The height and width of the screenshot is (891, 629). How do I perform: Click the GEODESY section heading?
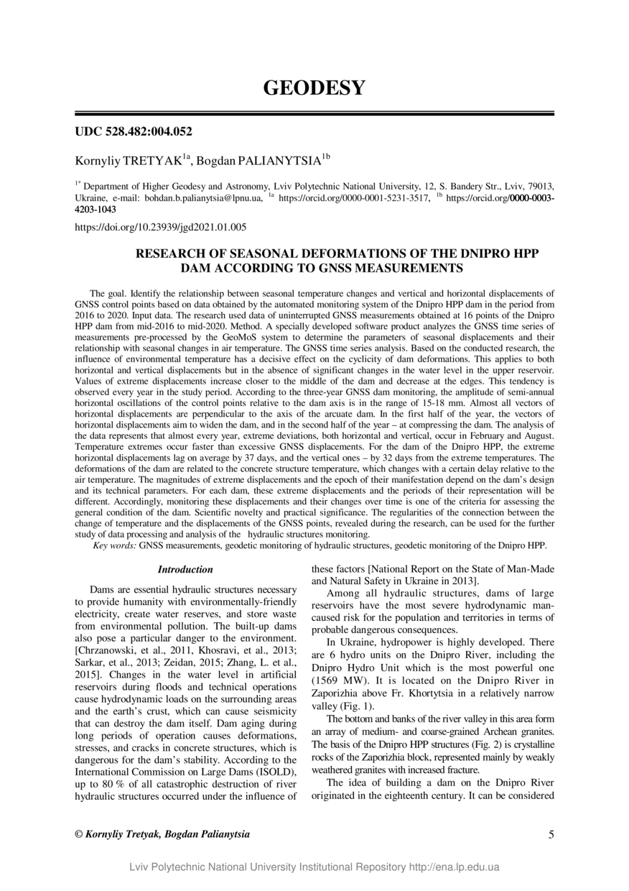click(314, 88)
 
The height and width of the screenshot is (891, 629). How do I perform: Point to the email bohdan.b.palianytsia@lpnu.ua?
click(203, 196)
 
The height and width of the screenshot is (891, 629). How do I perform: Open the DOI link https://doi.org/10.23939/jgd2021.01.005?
click(161, 227)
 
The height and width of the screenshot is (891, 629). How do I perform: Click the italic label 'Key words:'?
click(115, 546)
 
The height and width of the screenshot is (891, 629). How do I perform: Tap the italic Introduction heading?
click(185, 570)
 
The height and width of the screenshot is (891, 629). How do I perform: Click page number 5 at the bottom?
click(551, 834)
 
